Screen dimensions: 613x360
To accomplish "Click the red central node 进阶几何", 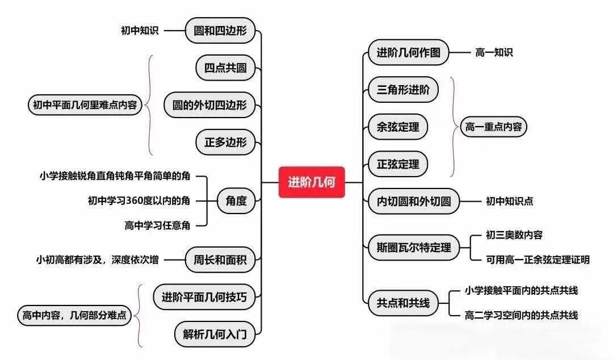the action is pos(312,182).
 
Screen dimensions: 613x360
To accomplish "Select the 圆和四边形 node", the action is pos(220,31).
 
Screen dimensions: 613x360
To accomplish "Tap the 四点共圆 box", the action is pos(225,68).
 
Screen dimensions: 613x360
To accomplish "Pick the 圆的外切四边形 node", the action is pos(209,105).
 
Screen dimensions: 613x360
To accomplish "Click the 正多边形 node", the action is pos(225,142).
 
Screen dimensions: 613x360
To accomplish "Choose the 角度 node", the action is pos(236,201).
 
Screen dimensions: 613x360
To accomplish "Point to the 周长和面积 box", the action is pos(220,259).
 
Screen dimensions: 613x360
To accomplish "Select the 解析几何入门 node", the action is pos(215,334).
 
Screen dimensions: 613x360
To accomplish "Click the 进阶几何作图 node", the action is pos(409,52).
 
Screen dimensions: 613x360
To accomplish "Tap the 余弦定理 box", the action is pos(398,127).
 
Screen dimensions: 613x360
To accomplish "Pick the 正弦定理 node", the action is pos(398,164).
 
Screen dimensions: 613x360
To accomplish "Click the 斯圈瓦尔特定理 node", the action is pos(414,248).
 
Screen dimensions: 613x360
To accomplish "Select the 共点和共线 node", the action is pos(403,303).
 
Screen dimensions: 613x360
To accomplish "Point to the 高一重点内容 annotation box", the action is pos(493,127).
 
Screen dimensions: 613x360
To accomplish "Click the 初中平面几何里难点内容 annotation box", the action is pos(85,105).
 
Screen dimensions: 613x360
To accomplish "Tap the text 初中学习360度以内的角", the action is pos(139,201).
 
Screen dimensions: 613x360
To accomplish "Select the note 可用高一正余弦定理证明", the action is pos(538,260).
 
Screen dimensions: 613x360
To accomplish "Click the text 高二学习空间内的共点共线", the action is pos(521,315).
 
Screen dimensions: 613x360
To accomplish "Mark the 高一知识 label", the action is pos(494,52).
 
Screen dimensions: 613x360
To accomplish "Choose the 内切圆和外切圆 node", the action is pos(414,201).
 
